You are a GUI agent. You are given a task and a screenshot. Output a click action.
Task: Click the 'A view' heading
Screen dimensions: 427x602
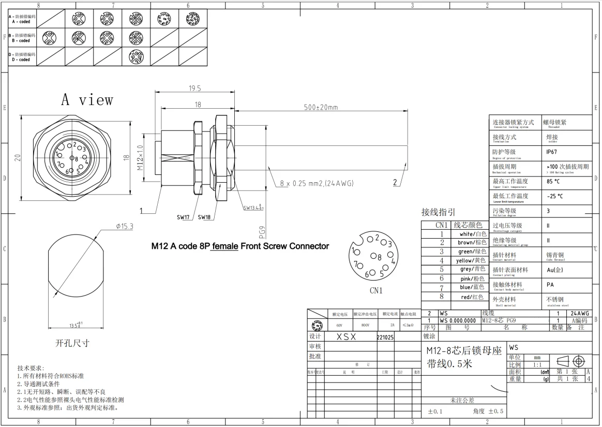[x=87, y=99]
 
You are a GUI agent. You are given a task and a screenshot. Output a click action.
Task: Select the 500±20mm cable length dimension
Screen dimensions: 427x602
[x=320, y=107]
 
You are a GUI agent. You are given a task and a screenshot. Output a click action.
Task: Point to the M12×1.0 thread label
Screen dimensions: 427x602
[x=140, y=160]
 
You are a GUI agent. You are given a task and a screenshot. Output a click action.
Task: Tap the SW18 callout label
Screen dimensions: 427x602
[x=204, y=217]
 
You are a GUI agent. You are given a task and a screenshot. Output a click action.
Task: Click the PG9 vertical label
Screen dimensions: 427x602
[x=262, y=231]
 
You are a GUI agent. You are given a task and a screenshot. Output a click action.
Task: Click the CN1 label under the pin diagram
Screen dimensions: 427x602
[x=376, y=290]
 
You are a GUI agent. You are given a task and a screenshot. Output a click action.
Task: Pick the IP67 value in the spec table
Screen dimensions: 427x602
[x=552, y=153]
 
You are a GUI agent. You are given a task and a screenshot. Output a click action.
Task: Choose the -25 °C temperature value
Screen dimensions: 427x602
[x=554, y=197]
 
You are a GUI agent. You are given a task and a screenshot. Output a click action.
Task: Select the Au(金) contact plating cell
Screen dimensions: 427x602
[x=555, y=270]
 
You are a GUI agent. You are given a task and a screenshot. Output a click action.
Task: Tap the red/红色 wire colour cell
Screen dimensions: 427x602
[x=472, y=297]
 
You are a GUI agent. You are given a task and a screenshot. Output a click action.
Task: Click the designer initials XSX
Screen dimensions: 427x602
[x=346, y=336]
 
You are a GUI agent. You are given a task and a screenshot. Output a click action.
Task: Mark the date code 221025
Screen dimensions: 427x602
[x=386, y=336]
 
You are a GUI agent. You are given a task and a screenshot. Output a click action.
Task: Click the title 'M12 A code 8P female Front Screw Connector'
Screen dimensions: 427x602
[x=240, y=246]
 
